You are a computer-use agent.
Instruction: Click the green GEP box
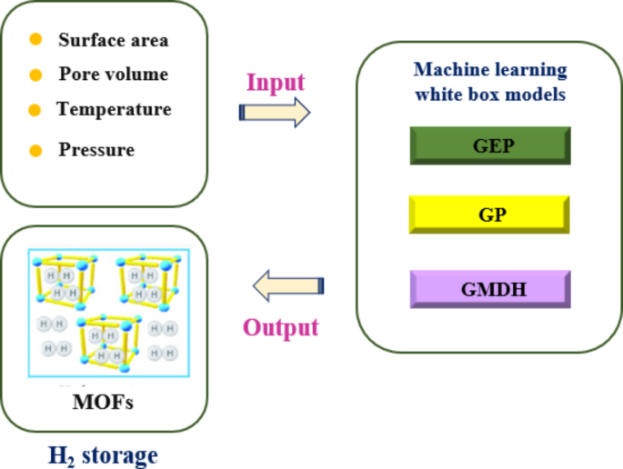point(490,145)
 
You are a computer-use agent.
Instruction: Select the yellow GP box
point(490,216)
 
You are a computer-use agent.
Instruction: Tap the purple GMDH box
point(490,289)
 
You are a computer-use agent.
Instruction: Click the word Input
point(276,82)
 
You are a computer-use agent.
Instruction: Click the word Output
point(280,326)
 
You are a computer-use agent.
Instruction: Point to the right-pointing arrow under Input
point(274,112)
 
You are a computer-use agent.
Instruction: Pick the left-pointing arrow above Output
point(287,286)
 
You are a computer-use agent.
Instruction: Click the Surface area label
point(113,40)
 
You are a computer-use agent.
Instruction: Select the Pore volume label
point(113,75)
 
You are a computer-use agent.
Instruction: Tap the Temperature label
point(114,109)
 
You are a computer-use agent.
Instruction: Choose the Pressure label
point(96,150)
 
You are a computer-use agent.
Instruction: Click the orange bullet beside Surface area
point(35,40)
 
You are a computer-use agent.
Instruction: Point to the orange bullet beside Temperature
point(35,110)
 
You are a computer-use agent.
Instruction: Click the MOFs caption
point(102,401)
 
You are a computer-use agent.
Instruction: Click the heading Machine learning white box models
point(489,82)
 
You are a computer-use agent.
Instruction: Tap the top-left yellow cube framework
point(63,277)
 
